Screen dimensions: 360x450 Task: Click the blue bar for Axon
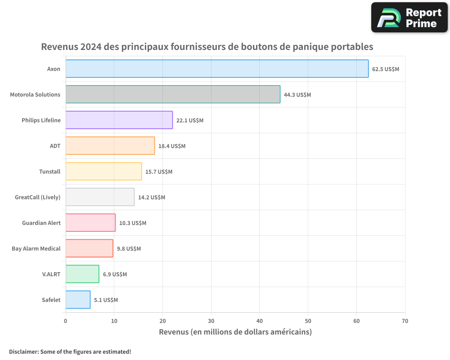pos(217,69)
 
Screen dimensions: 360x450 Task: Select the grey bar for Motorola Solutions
pos(173,94)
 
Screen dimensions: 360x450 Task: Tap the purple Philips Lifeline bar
pos(119,120)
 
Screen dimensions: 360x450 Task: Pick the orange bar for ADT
pos(110,146)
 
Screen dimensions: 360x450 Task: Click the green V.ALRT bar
pos(82,274)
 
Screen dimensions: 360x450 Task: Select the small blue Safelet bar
pos(78,300)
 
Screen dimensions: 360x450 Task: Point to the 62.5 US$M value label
pos(386,69)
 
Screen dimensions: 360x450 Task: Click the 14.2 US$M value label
pos(152,198)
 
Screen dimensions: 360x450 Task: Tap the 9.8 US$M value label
pos(129,249)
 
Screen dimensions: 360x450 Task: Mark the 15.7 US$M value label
pos(159,172)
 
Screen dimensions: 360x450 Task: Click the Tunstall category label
pos(49,171)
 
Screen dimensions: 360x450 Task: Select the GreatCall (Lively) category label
pos(38,197)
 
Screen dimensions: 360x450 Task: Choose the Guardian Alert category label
pos(41,223)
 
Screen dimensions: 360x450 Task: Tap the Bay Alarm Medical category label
pos(36,248)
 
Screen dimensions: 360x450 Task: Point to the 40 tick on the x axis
pos(260,321)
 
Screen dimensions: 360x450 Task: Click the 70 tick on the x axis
pos(405,321)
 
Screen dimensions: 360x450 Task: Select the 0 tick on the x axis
pos(66,321)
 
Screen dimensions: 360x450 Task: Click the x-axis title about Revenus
pos(235,332)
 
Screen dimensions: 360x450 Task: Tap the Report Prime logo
pos(409,18)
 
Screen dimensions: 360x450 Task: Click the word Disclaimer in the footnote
pos(23,351)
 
